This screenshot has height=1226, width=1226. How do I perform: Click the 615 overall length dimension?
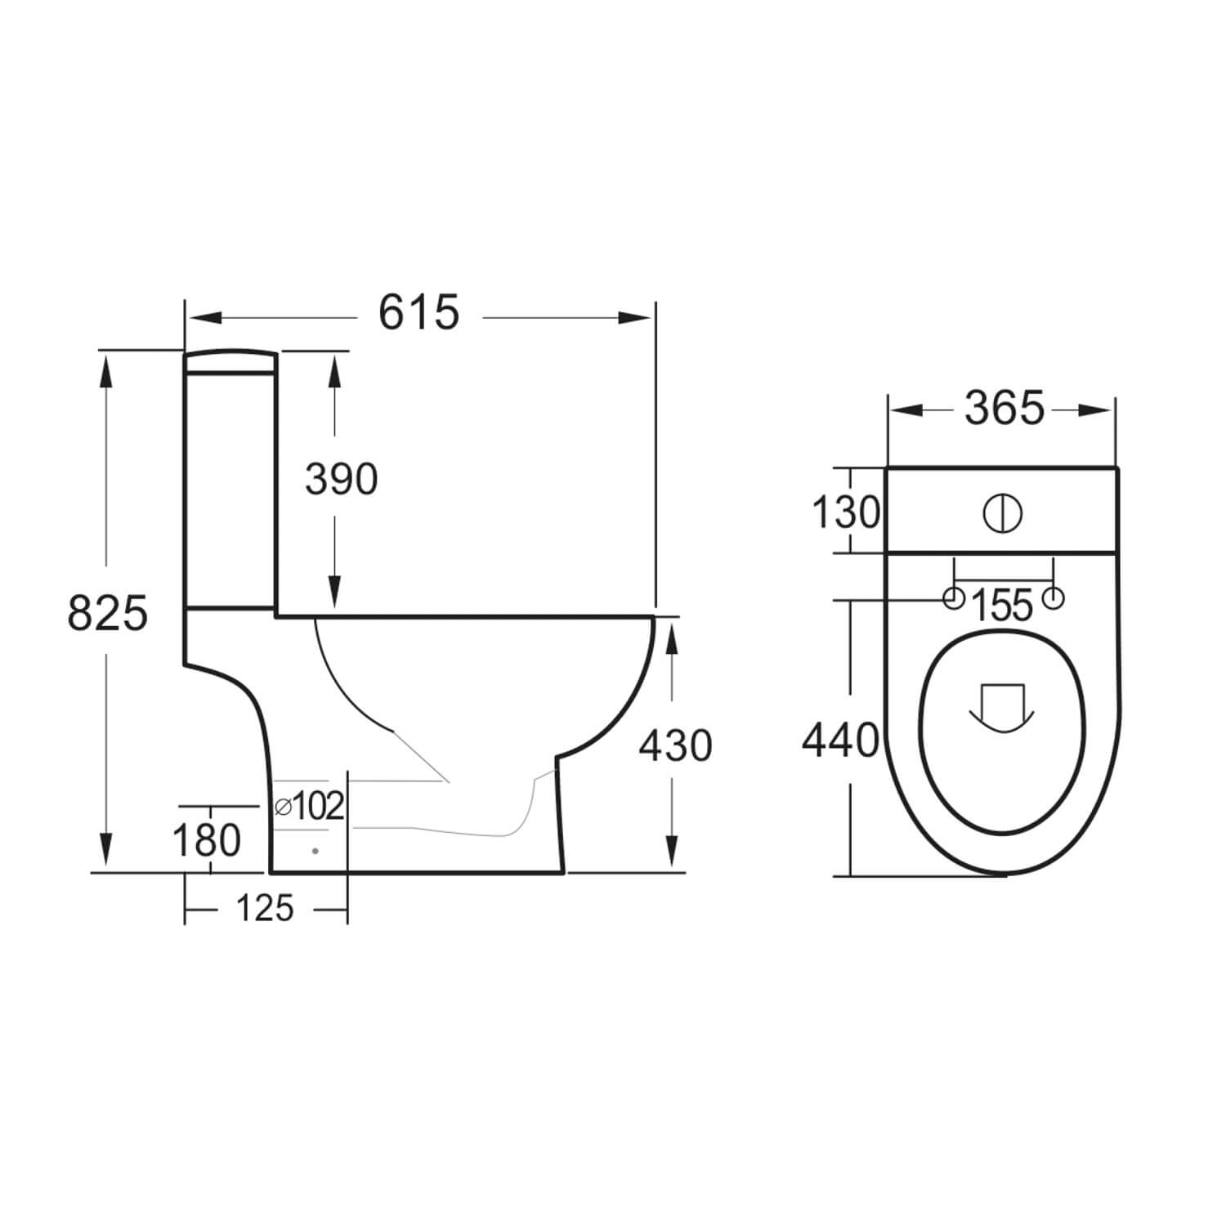[x=418, y=313]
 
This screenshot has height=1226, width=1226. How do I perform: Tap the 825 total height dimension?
[x=107, y=613]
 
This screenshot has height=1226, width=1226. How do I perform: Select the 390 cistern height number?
[x=341, y=480]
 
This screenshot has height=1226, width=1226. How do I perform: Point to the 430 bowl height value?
[x=675, y=746]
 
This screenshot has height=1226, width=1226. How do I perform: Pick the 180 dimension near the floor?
[x=207, y=840]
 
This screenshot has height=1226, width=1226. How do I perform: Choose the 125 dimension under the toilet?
[x=265, y=908]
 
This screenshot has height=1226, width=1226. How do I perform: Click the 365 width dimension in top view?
[x=1005, y=409]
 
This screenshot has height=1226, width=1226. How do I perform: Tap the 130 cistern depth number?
[x=845, y=513]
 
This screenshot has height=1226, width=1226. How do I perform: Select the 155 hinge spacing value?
[x=1004, y=606]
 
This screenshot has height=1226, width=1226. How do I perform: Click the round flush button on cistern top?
[x=1002, y=513]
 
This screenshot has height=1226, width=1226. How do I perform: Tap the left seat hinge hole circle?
[x=953, y=598]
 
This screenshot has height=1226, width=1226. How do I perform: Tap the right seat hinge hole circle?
[x=1054, y=598]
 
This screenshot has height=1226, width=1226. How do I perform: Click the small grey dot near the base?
[x=315, y=851]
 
